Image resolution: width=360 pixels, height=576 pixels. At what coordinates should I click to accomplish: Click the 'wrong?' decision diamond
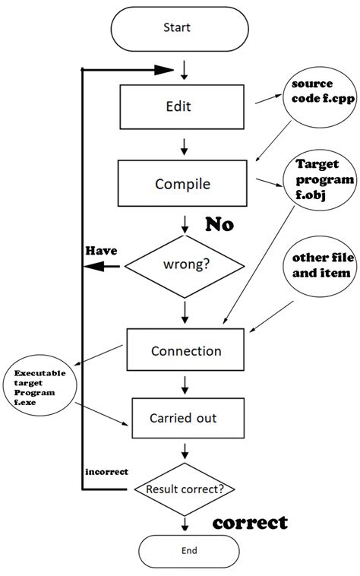point(185,266)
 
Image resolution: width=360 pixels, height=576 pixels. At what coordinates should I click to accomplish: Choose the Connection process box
point(185,351)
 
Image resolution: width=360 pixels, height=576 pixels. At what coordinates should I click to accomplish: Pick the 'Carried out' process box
point(187,418)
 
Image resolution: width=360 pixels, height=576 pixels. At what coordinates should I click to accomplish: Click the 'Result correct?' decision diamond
point(185,489)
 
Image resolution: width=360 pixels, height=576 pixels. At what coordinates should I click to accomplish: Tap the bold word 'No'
point(219,225)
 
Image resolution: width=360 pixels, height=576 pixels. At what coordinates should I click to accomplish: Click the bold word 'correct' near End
point(250,523)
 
